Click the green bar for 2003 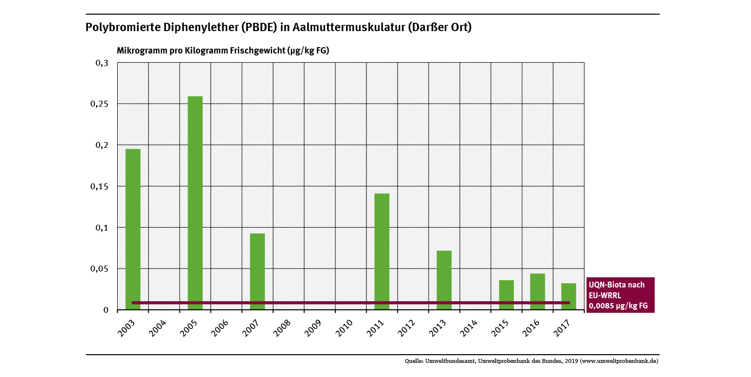pyautogui.click(x=133, y=229)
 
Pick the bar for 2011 pyautogui.click(x=382, y=251)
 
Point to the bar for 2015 pyautogui.click(x=506, y=294)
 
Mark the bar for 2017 pyautogui.click(x=568, y=296)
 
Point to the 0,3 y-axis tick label pyautogui.click(x=102, y=63)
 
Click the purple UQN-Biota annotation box pyautogui.click(x=620, y=295)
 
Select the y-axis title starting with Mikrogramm pyautogui.click(x=223, y=51)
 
